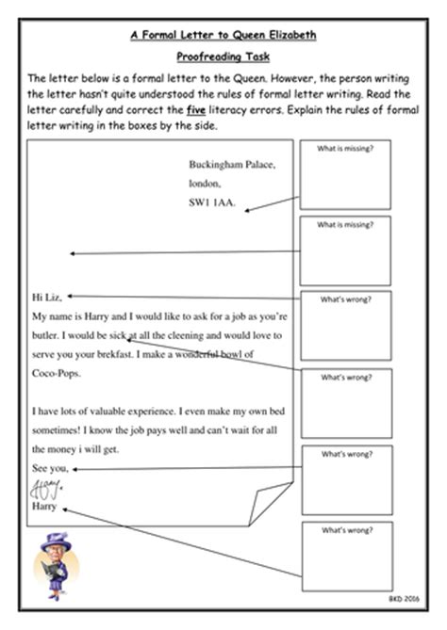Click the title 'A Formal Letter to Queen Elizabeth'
pyautogui.click(x=223, y=36)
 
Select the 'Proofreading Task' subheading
pyautogui.click(x=223, y=57)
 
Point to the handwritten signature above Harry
pyautogui.click(x=45, y=487)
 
